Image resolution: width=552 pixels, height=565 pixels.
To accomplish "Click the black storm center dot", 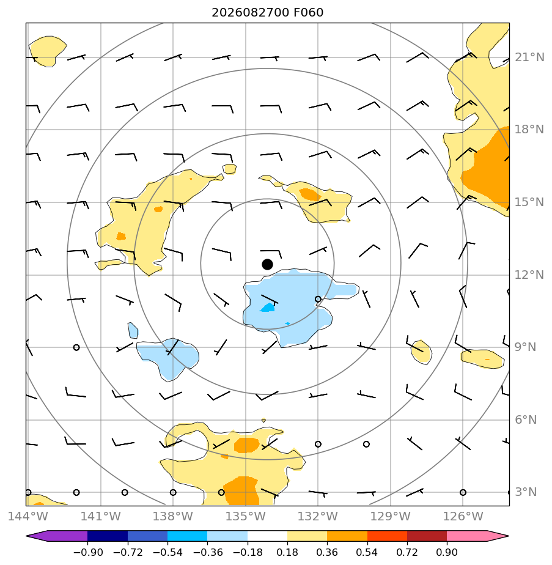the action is pos(267,264).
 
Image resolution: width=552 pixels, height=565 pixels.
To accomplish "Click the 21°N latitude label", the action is pos(529,57).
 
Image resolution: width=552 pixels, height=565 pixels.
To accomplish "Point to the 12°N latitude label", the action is pos(529,275).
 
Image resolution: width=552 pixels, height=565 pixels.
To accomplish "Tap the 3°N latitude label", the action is pos(526,492).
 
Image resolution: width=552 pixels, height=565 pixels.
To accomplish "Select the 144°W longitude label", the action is pos(28,516).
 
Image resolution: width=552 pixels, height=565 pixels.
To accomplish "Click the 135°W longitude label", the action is pos(245,516).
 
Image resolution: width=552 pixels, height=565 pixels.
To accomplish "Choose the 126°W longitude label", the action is pos(463,516).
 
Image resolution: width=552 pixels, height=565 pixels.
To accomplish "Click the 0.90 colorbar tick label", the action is pos(447,552).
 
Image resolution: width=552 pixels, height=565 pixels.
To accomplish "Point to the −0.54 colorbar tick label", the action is pos(167,552).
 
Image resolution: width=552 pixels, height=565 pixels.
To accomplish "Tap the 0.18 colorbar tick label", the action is pos(287,552).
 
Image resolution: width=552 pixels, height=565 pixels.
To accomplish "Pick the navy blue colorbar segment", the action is pos(108,536).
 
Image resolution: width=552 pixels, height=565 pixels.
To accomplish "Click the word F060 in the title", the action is pos(309,13).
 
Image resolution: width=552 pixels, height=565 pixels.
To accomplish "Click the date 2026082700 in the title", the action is pos(250,13).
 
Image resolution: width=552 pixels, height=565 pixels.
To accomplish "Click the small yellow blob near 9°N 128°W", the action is pos(421,352).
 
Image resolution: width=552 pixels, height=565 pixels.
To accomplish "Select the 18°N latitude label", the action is pos(529,130).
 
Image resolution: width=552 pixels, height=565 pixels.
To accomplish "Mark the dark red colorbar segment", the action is pos(427,536).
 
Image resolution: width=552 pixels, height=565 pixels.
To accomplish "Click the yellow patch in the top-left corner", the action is pos(48,51).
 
